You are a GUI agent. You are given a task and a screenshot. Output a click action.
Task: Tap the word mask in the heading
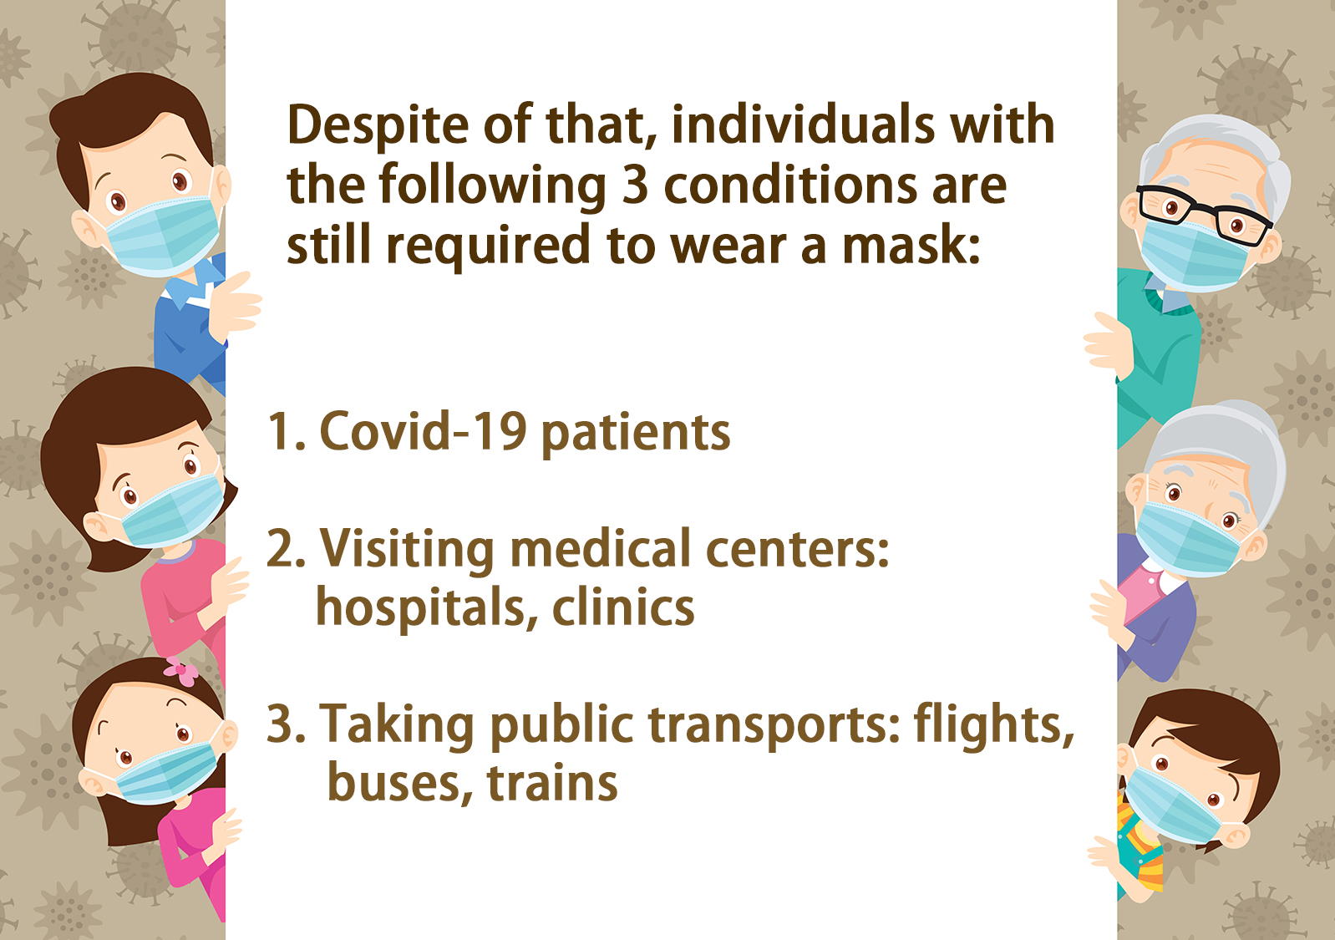pyautogui.click(x=911, y=245)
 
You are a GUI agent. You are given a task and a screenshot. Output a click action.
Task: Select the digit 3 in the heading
pyautogui.click(x=635, y=185)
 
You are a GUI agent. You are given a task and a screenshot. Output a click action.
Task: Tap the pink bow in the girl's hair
pyautogui.click(x=180, y=672)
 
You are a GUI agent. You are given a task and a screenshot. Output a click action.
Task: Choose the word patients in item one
pyautogui.click(x=635, y=433)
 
